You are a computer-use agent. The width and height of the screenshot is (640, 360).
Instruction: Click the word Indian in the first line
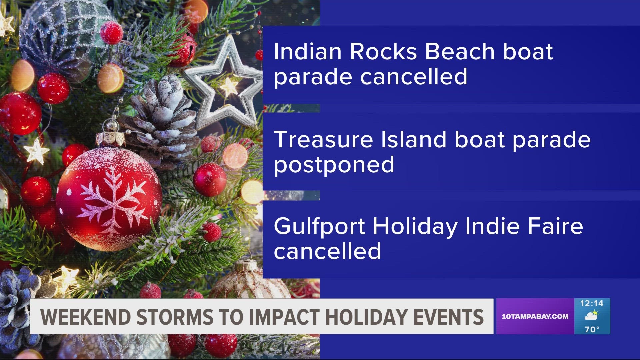pos(308,52)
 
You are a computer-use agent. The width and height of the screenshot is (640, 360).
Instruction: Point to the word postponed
pos(334,165)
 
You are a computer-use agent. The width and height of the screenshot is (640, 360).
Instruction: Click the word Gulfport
pos(319,227)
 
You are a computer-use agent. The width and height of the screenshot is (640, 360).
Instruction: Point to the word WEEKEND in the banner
pos(85,317)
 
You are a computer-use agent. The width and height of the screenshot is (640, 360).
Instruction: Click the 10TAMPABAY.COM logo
pos(535,317)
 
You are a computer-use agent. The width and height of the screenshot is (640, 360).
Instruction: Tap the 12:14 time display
pos(592,303)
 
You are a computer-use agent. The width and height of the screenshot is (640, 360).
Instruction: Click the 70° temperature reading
pos(592,329)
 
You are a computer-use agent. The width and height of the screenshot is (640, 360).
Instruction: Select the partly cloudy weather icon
pos(592,316)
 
